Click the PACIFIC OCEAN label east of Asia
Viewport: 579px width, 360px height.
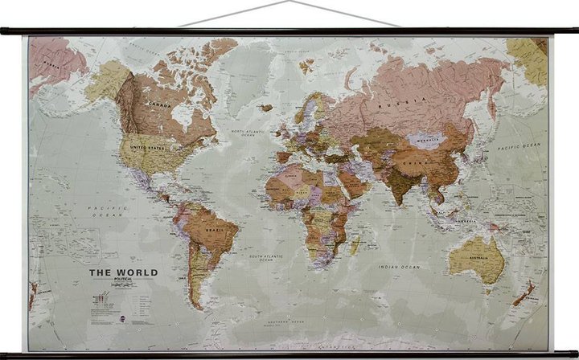coord(519,147)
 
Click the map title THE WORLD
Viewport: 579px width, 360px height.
coord(122,272)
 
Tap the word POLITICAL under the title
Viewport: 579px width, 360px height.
coord(122,282)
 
